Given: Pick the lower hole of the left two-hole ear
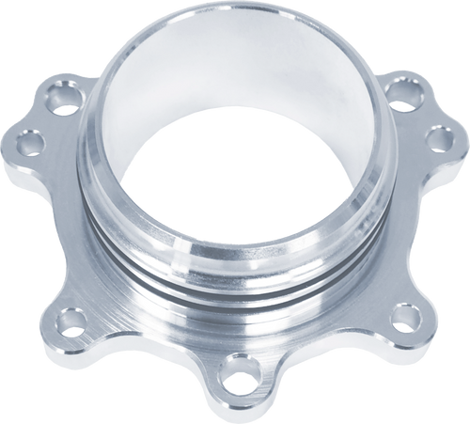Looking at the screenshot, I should [x=30, y=143].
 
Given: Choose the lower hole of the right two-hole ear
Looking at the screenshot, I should [x=437, y=138].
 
